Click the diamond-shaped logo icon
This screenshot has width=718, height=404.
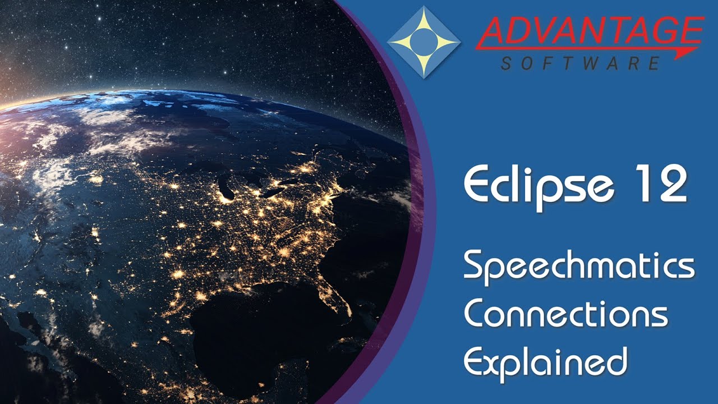(424, 42)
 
